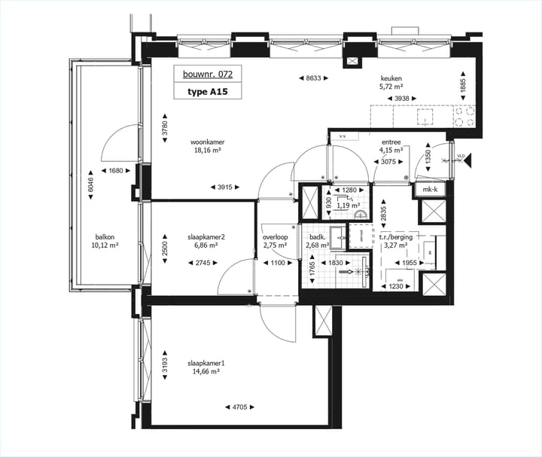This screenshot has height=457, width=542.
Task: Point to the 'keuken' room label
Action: pos(391,77)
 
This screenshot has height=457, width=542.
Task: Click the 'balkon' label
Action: pos(105,235)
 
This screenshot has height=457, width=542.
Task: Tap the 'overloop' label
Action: pos(276,236)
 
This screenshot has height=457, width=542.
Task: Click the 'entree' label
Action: pos(391,141)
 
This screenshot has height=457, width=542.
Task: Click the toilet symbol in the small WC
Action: pos(360,214)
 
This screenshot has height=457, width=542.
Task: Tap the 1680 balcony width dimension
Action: pos(113,170)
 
